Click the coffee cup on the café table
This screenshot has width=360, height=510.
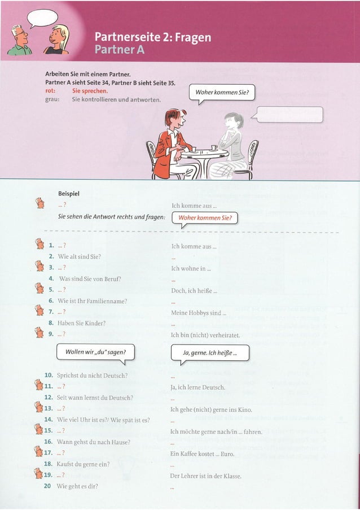(x=214, y=147)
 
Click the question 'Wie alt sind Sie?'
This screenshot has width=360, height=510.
(x=80, y=256)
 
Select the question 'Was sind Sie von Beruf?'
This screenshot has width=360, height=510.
(x=90, y=278)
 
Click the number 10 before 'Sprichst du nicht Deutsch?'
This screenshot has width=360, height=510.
(x=49, y=376)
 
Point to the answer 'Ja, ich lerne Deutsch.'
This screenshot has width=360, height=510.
(x=197, y=387)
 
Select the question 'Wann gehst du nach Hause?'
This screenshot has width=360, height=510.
(x=94, y=442)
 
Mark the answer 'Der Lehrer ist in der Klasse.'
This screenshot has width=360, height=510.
(x=206, y=476)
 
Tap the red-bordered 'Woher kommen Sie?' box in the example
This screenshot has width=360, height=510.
(x=205, y=218)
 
